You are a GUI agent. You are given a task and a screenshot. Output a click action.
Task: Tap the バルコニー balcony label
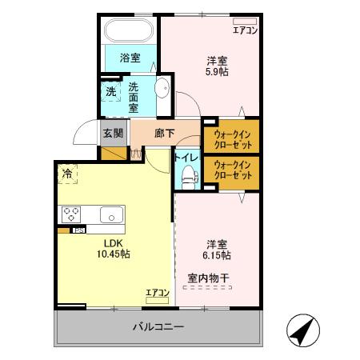tap(158, 327)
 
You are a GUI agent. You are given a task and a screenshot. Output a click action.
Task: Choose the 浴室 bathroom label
tap(130, 58)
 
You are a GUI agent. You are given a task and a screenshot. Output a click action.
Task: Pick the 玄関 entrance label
tap(113, 134)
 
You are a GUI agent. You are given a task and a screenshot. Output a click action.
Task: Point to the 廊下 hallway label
tap(165, 134)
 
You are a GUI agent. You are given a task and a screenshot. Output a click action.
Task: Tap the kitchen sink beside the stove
tap(110, 214)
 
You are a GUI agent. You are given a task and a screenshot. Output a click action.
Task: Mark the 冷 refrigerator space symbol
tap(67, 172)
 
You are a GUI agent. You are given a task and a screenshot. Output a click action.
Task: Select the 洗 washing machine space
tap(110, 91)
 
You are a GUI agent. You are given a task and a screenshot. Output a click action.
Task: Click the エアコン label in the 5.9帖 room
tap(245, 31)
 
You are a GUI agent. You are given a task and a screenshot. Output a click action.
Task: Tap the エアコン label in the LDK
tap(157, 293)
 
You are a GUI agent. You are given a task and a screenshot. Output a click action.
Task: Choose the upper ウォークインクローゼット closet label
tap(233, 139)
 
